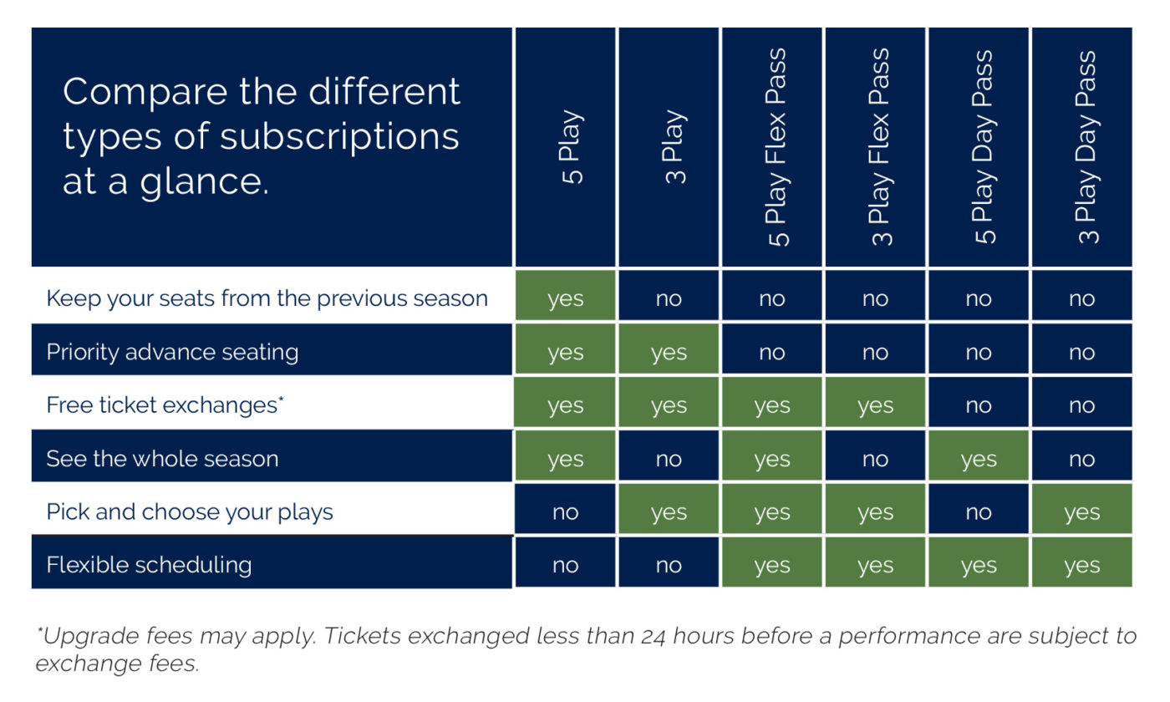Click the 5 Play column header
pos(572,147)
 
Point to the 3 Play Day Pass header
pos(1087,147)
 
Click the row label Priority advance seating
pos(172,352)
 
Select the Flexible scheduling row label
pos(149,565)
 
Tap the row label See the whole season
pos(162,459)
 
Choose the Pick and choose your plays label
pos(190,511)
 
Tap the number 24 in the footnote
pos(653,637)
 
